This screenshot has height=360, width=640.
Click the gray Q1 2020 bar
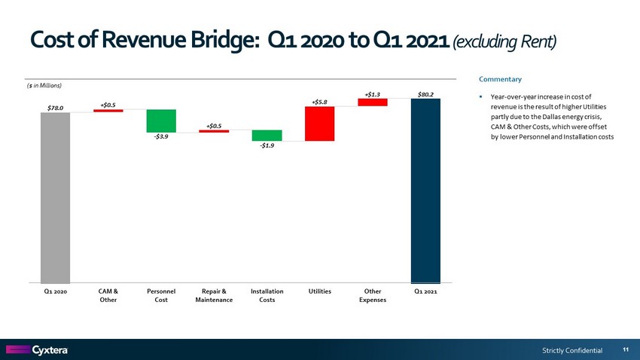[55, 197]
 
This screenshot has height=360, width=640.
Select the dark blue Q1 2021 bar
[425, 190]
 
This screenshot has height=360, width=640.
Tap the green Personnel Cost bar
[161, 121]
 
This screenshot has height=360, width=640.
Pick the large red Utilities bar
[319, 124]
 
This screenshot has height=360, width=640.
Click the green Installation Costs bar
[267, 136]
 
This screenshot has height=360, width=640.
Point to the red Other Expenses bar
[373, 102]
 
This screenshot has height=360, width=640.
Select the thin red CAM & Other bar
[108, 111]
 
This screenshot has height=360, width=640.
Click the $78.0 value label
[55, 108]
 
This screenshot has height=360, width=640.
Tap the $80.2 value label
[425, 94]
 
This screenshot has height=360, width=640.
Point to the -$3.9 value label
[161, 136]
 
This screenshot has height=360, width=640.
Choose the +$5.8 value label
[319, 101]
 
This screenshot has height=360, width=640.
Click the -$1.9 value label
[267, 145]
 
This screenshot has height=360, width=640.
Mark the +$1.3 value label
[373, 94]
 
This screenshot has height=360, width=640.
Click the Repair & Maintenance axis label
[213, 295]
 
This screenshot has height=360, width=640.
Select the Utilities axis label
[319, 291]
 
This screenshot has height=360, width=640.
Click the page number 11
[626, 349]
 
